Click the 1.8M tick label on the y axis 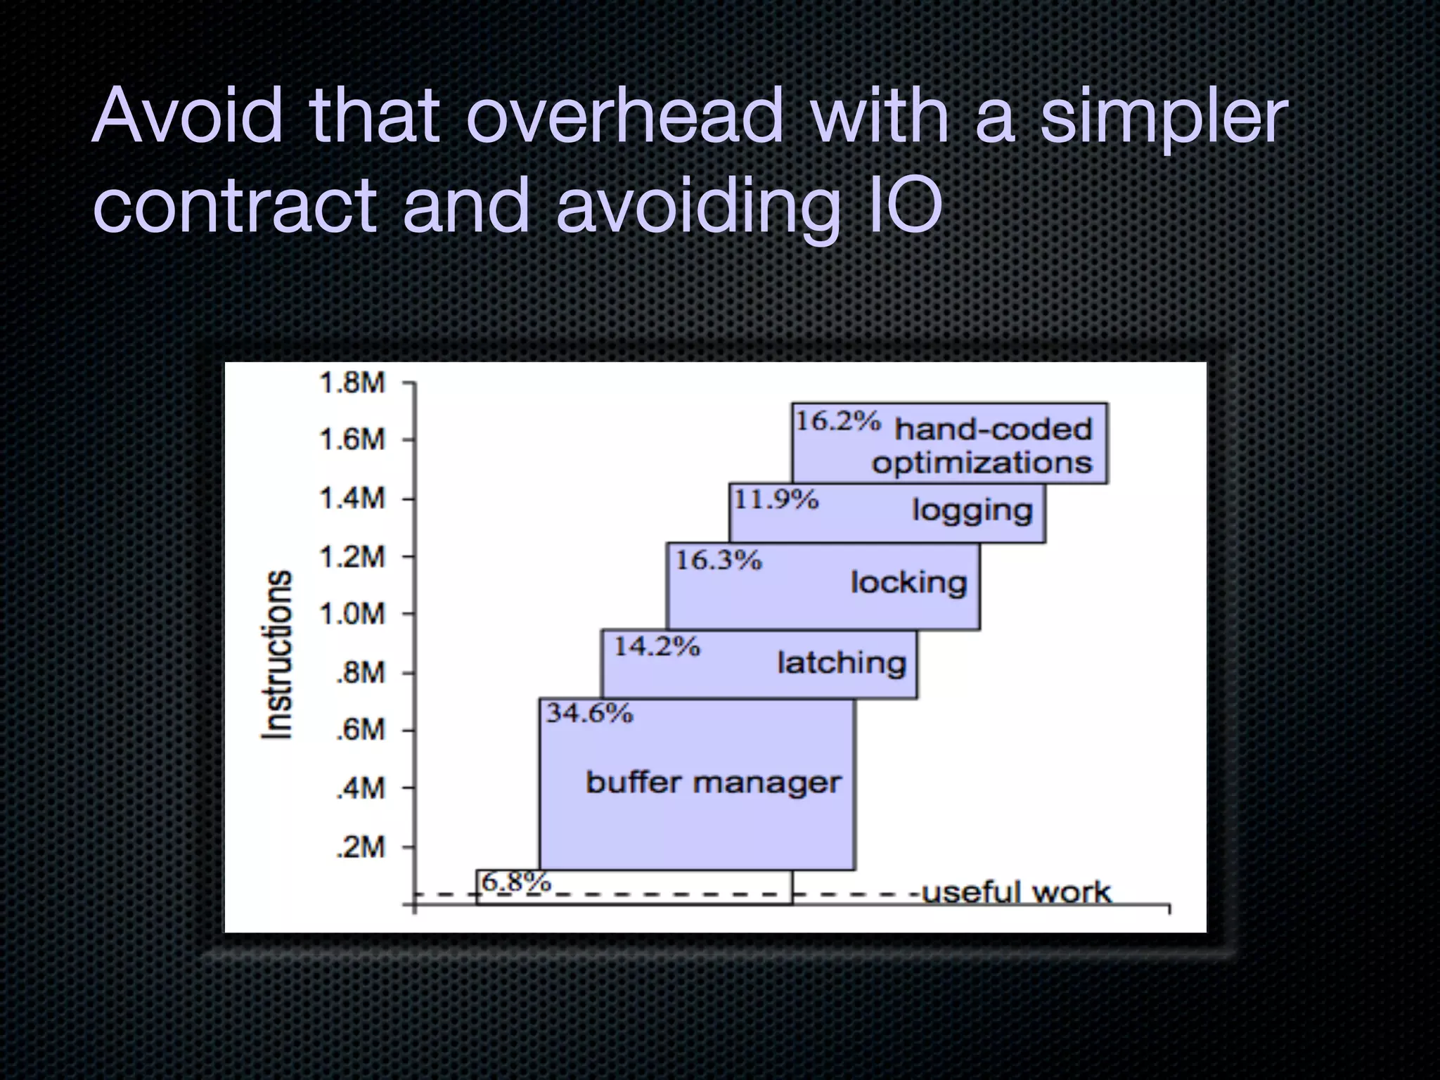coord(352,383)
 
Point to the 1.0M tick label coord(352,614)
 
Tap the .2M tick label coord(360,847)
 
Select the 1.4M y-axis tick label coord(352,499)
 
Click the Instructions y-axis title coord(276,654)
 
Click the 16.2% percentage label coord(837,421)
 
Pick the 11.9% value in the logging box coord(776,499)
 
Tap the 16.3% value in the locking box coord(718,560)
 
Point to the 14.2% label coord(657,645)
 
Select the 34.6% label coord(590,713)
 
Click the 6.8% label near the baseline coord(516,881)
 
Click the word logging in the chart coord(972,511)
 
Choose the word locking coord(908,583)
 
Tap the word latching coord(841,663)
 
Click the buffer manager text coord(713,783)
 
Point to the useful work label coord(1015,892)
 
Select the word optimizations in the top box coord(982,463)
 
